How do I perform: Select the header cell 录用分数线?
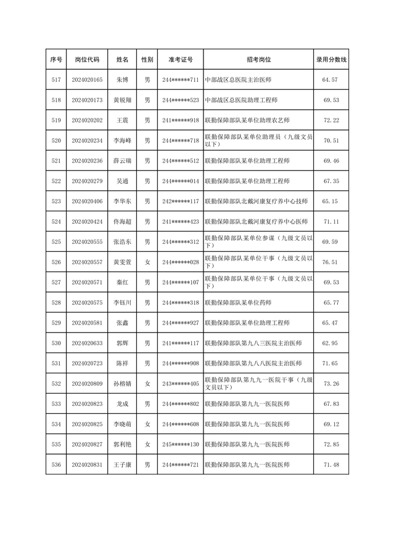(331, 60)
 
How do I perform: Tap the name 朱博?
(122, 80)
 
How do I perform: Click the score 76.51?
(331, 262)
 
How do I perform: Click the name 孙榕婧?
(122, 383)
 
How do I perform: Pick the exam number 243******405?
(180, 383)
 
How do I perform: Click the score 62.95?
(331, 342)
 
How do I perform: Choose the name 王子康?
(122, 464)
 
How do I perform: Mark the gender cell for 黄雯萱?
(147, 262)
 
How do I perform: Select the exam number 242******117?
(180, 201)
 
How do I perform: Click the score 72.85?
(331, 444)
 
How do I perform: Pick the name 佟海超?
(122, 221)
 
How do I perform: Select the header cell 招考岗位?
(258, 60)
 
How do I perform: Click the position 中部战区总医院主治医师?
(238, 80)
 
